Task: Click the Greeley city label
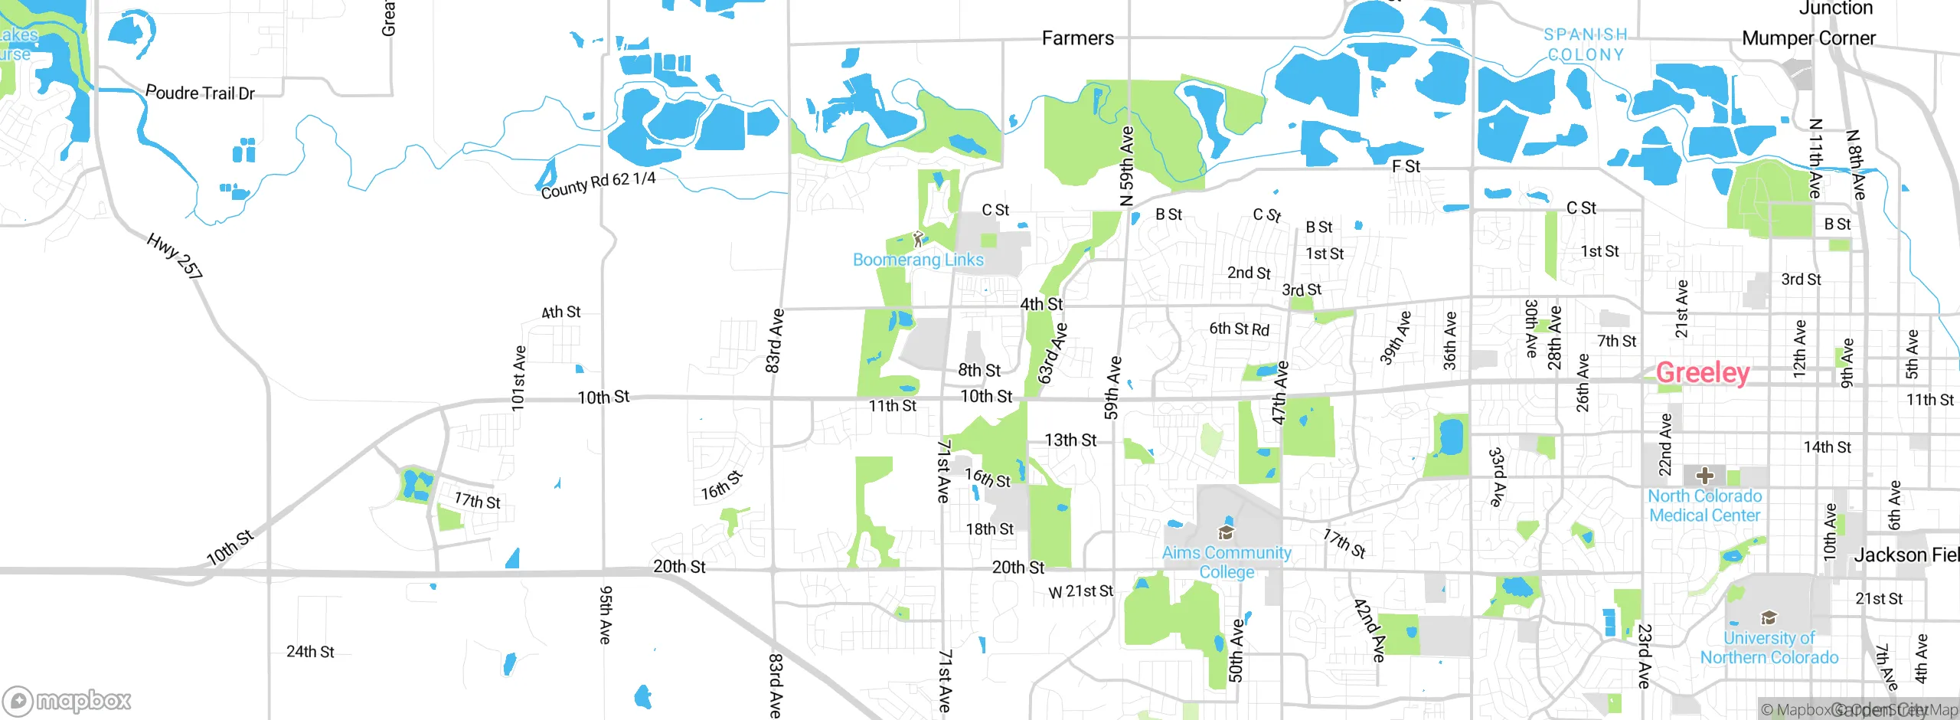pyautogui.click(x=1703, y=373)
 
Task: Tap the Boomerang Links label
pyautogui.click(x=918, y=260)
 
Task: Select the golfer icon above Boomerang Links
pyautogui.click(x=919, y=239)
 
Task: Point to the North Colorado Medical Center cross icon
pyautogui.click(x=1705, y=475)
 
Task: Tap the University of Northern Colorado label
pyautogui.click(x=1769, y=647)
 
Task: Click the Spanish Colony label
pyautogui.click(x=1585, y=44)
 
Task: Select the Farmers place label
pyautogui.click(x=1077, y=38)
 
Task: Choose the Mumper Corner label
pyautogui.click(x=1808, y=38)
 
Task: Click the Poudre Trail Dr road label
pyautogui.click(x=200, y=93)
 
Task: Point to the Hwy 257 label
pyautogui.click(x=175, y=256)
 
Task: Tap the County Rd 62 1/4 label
pyautogui.click(x=598, y=185)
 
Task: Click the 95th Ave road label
pyautogui.click(x=605, y=614)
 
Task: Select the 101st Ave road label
pyautogui.click(x=518, y=378)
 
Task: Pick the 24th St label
pyautogui.click(x=310, y=652)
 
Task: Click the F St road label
pyautogui.click(x=1406, y=166)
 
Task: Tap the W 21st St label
pyautogui.click(x=1080, y=591)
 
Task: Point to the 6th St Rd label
pyautogui.click(x=1239, y=329)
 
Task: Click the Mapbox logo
pyautogui.click(x=67, y=700)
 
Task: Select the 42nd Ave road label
pyautogui.click(x=1369, y=630)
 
